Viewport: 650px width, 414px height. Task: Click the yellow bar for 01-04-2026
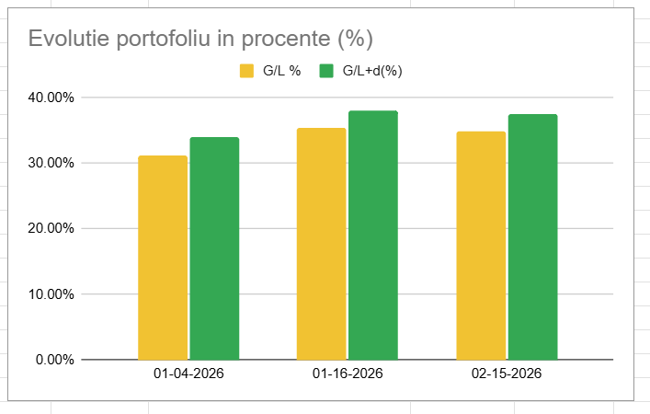[x=163, y=258]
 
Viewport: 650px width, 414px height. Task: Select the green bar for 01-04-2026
[x=214, y=248]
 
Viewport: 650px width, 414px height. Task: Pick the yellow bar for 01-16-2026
[x=322, y=244]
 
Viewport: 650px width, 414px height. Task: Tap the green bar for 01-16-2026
[x=372, y=235]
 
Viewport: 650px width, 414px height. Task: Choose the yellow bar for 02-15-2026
[x=481, y=246]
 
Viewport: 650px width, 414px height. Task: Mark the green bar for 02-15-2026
[x=532, y=236]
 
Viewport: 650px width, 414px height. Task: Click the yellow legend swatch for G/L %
[x=246, y=71]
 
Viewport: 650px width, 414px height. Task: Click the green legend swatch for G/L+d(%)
[x=325, y=71]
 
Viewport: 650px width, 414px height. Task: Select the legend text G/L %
[x=282, y=71]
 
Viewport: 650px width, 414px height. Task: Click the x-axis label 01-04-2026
[x=188, y=374]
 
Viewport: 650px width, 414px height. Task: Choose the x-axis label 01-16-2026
[x=348, y=374]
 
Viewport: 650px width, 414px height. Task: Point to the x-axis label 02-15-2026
[x=507, y=374]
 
